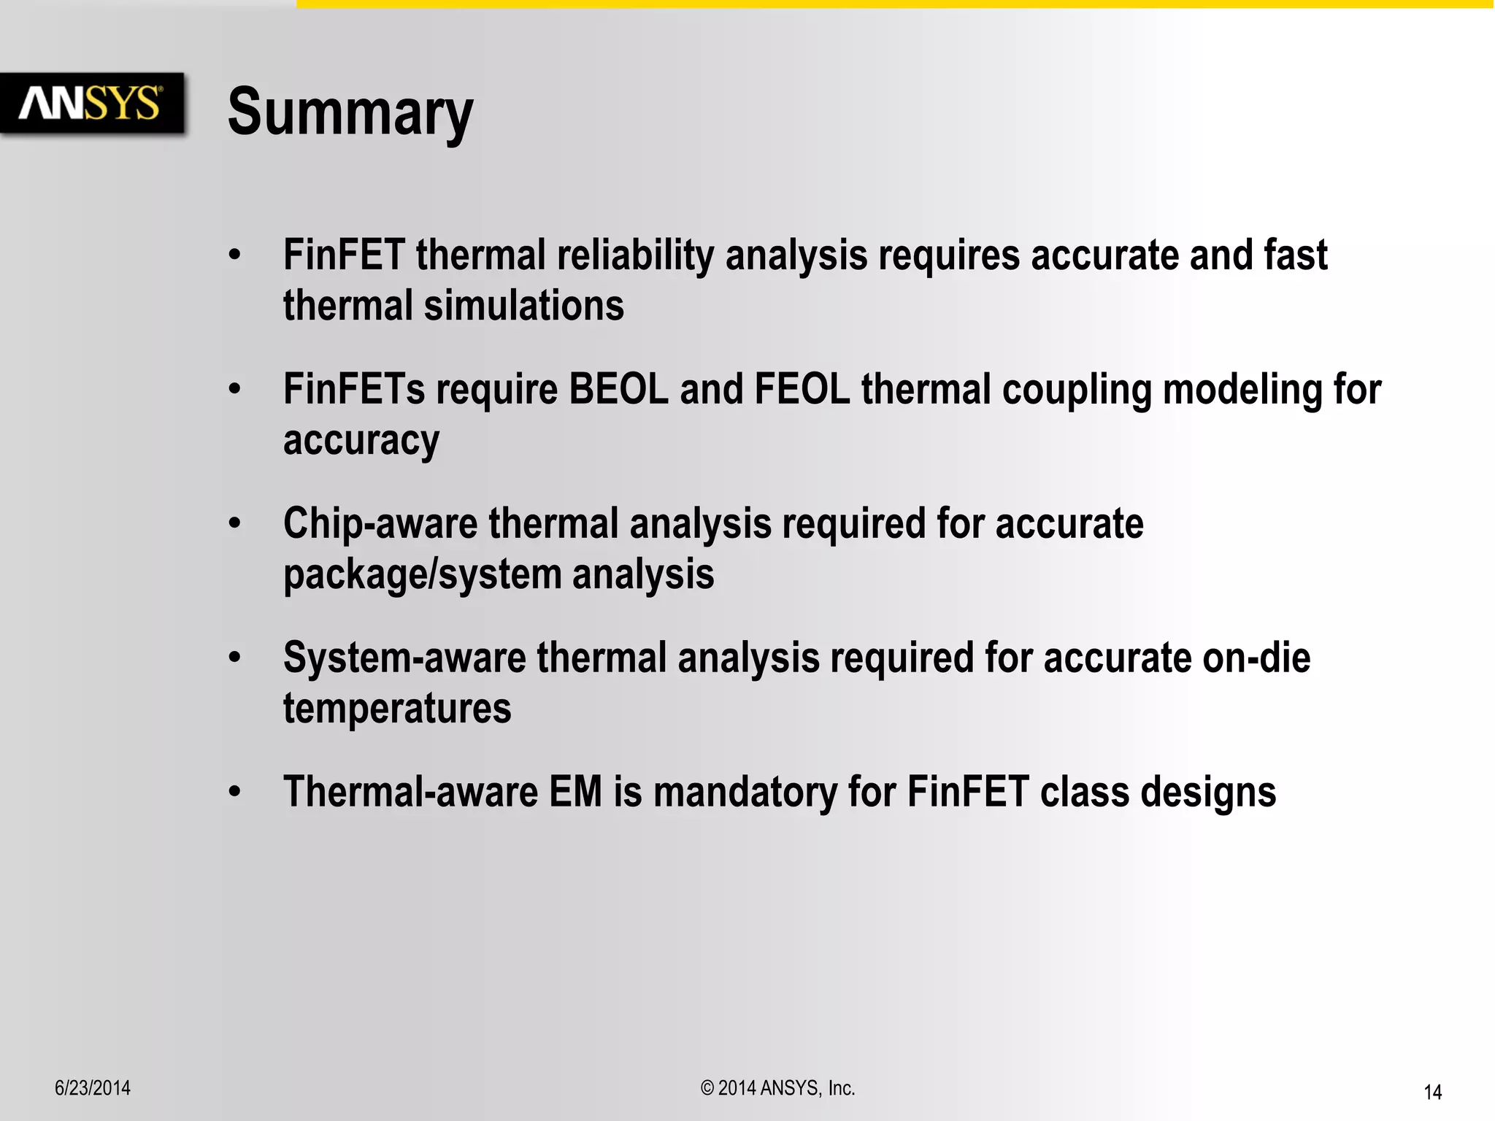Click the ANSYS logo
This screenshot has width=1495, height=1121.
pyautogui.click(x=91, y=103)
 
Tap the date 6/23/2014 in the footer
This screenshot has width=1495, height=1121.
pyautogui.click(x=93, y=1088)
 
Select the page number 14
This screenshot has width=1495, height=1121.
pyautogui.click(x=1432, y=1093)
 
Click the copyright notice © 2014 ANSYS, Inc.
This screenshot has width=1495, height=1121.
pyautogui.click(x=777, y=1088)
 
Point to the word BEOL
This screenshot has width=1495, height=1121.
pyautogui.click(x=618, y=389)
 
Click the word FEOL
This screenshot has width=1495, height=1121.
pyautogui.click(x=802, y=389)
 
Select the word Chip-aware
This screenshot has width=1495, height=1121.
pyautogui.click(x=380, y=524)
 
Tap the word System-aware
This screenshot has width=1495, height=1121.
pyautogui.click(x=404, y=658)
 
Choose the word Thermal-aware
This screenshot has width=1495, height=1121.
pyautogui.click(x=410, y=793)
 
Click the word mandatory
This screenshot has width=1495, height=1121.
pyautogui.click(x=745, y=793)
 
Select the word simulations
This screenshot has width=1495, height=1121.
pyautogui.click(x=524, y=306)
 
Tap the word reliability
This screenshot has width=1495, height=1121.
pyautogui.click(x=635, y=255)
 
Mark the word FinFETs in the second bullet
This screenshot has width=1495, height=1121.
pyautogui.click(x=354, y=389)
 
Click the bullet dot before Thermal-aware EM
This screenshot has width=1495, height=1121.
pyautogui.click(x=234, y=792)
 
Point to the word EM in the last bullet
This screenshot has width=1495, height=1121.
pyautogui.click(x=575, y=793)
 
